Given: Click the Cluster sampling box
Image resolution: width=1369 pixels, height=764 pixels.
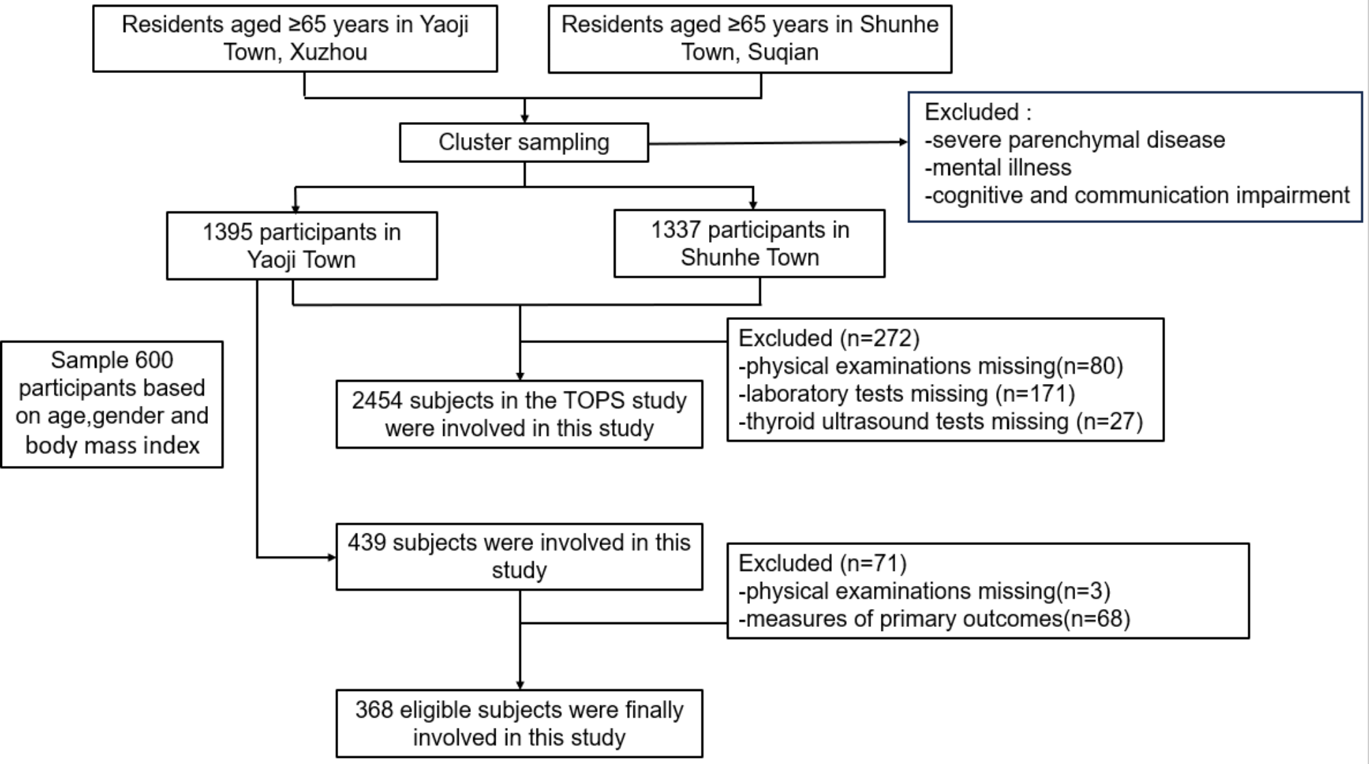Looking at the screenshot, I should click(524, 143).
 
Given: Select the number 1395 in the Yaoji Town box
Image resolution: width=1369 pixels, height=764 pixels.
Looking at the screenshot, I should click(228, 233).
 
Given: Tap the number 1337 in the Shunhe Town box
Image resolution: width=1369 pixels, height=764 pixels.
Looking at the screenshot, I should click(676, 231).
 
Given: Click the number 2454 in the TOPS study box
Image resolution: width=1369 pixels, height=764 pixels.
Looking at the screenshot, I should click(377, 400).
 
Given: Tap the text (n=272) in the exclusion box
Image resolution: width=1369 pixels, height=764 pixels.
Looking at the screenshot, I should click(879, 338).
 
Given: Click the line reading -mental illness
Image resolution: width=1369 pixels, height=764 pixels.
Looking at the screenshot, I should click(997, 168).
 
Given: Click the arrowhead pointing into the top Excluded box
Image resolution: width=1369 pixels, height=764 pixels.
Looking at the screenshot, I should click(903, 142).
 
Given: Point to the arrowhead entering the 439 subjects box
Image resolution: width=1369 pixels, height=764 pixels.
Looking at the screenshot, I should click(332, 557).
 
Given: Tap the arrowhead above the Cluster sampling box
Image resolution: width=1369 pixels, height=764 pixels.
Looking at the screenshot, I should click(524, 119).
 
